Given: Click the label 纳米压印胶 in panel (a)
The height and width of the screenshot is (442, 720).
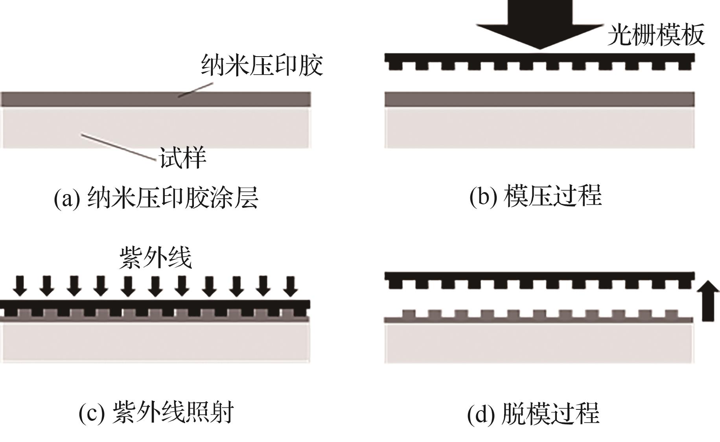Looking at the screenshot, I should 262,65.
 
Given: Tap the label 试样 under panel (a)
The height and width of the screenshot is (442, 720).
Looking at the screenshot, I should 182,158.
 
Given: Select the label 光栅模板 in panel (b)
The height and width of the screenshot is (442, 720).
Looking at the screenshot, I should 656,35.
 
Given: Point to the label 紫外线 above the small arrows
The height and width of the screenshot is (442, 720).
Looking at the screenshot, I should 156,258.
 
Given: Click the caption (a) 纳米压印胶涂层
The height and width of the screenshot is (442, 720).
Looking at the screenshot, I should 156,198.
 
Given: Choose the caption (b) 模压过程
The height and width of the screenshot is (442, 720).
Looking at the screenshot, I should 536,196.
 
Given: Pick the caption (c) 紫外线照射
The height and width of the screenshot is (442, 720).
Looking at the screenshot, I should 156,412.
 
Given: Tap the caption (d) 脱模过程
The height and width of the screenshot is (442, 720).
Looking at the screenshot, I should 533,413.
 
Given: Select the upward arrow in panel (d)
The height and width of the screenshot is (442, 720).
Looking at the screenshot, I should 708,301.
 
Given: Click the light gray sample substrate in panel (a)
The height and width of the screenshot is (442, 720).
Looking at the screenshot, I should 156,128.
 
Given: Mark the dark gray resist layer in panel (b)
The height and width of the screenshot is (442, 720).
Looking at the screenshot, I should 540,99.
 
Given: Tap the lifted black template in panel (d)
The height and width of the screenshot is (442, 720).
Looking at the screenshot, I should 540,277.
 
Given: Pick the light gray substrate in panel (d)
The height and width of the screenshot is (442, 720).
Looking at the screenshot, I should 539,343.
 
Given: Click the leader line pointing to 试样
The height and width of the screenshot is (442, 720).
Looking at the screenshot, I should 118,147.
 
